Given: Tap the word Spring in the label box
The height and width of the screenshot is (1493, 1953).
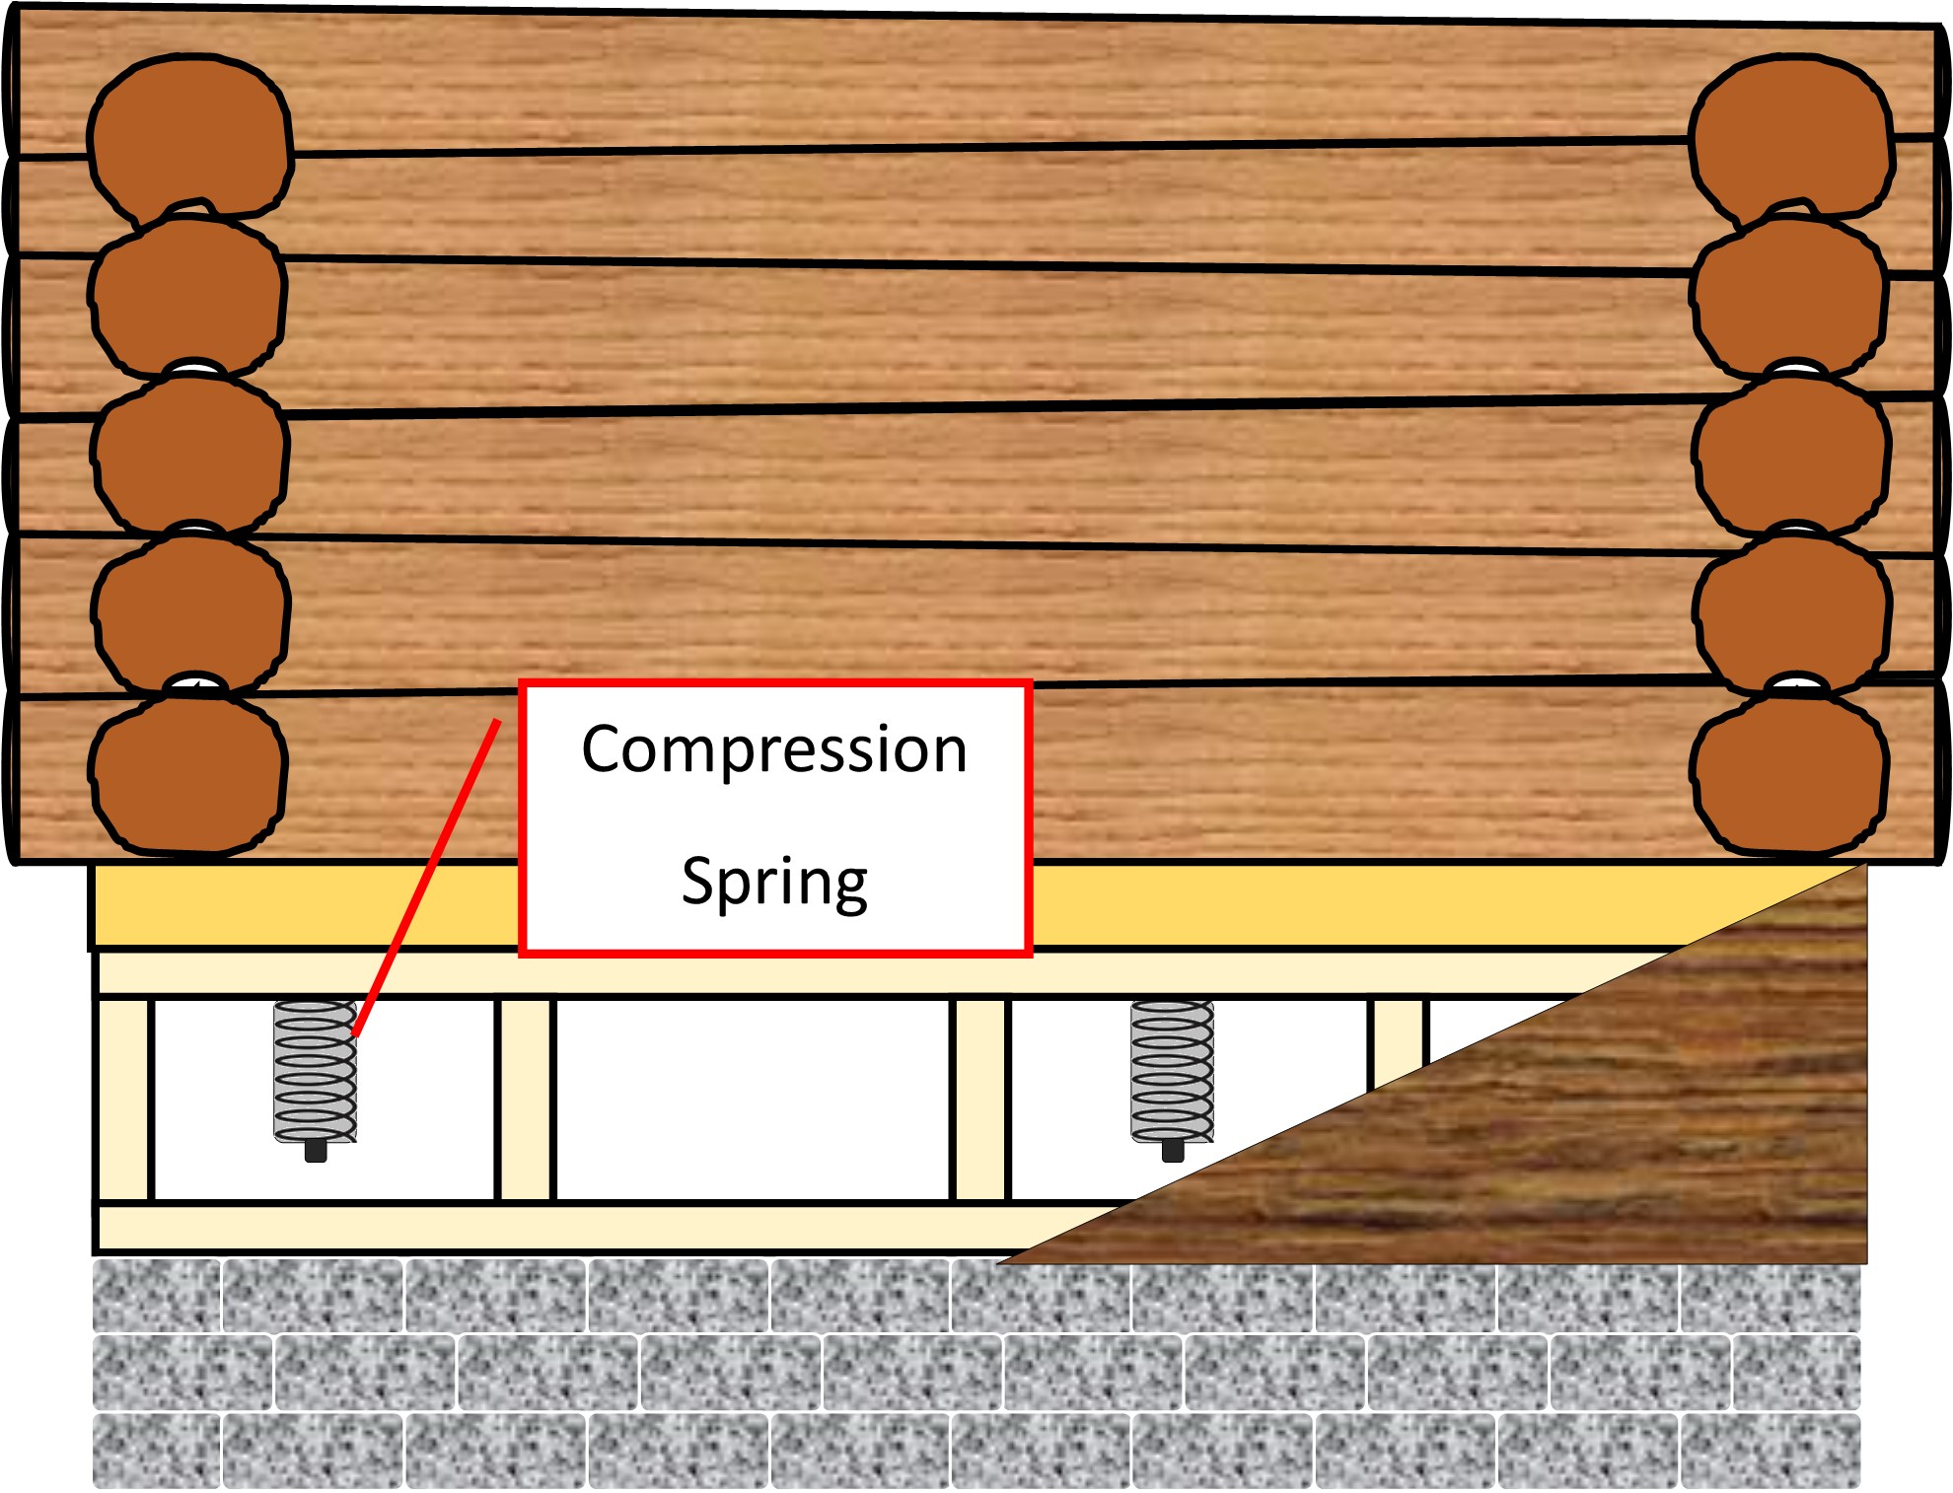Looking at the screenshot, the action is [774, 881].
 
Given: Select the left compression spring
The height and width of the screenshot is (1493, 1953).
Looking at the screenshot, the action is [315, 1070].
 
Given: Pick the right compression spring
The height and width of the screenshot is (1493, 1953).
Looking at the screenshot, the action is [1172, 1070].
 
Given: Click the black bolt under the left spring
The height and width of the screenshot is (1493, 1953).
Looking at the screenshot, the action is [316, 1150].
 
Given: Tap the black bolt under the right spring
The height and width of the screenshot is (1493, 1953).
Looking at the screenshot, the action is [1173, 1150].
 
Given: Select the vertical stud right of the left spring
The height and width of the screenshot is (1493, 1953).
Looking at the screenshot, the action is [526, 1100].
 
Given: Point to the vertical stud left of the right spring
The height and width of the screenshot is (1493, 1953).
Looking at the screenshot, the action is [980, 1100].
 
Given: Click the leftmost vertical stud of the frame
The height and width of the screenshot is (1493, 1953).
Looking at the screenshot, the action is [123, 1100].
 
